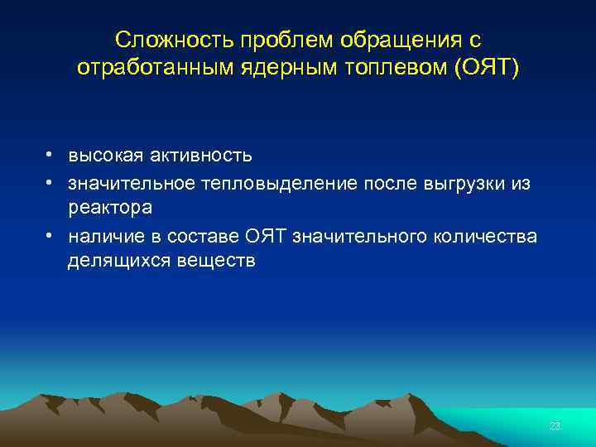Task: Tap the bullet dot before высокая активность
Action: click(51, 155)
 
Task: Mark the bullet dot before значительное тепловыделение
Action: click(51, 182)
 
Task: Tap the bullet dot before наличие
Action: click(51, 236)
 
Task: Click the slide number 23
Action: click(555, 426)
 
